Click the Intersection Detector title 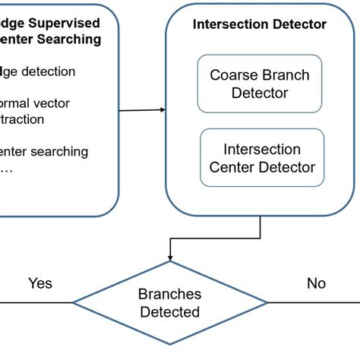coord(260,24)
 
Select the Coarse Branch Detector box coord(259,84)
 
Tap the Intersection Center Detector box coord(261,158)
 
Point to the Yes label coord(40,283)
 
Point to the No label coord(316,283)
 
